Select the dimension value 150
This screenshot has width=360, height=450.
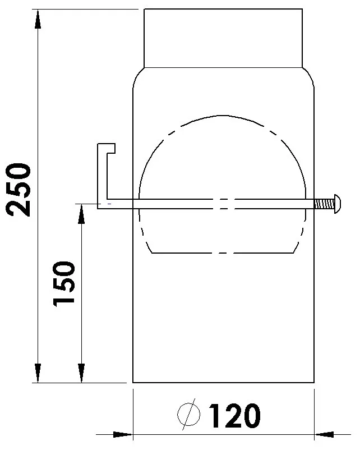click(x=64, y=283)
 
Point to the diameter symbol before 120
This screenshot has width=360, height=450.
click(x=189, y=416)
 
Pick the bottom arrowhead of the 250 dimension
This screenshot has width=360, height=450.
click(x=38, y=373)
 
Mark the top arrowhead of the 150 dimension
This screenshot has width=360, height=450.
click(x=81, y=213)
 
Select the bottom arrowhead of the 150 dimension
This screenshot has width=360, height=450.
click(x=81, y=373)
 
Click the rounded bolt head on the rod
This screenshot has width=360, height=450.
click(x=338, y=203)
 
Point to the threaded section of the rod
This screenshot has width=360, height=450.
click(x=324, y=203)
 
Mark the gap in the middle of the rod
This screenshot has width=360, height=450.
click(x=223, y=204)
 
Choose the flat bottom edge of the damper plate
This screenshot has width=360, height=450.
click(x=223, y=253)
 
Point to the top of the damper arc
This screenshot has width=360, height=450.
click(x=223, y=116)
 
